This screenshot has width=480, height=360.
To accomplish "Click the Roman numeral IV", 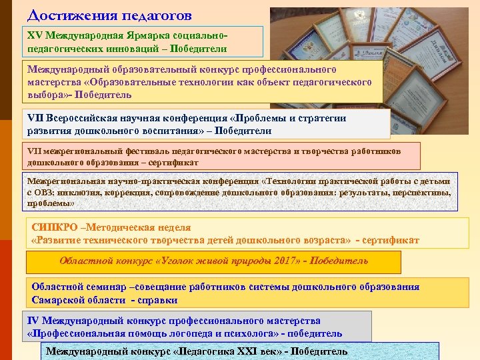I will click(32, 321).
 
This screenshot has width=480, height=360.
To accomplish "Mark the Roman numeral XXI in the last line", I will click(248, 351).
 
